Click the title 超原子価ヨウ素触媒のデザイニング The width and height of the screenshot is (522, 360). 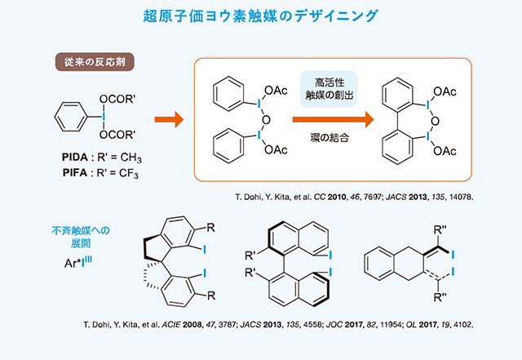260,16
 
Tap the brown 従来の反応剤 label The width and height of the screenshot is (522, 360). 94,61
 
